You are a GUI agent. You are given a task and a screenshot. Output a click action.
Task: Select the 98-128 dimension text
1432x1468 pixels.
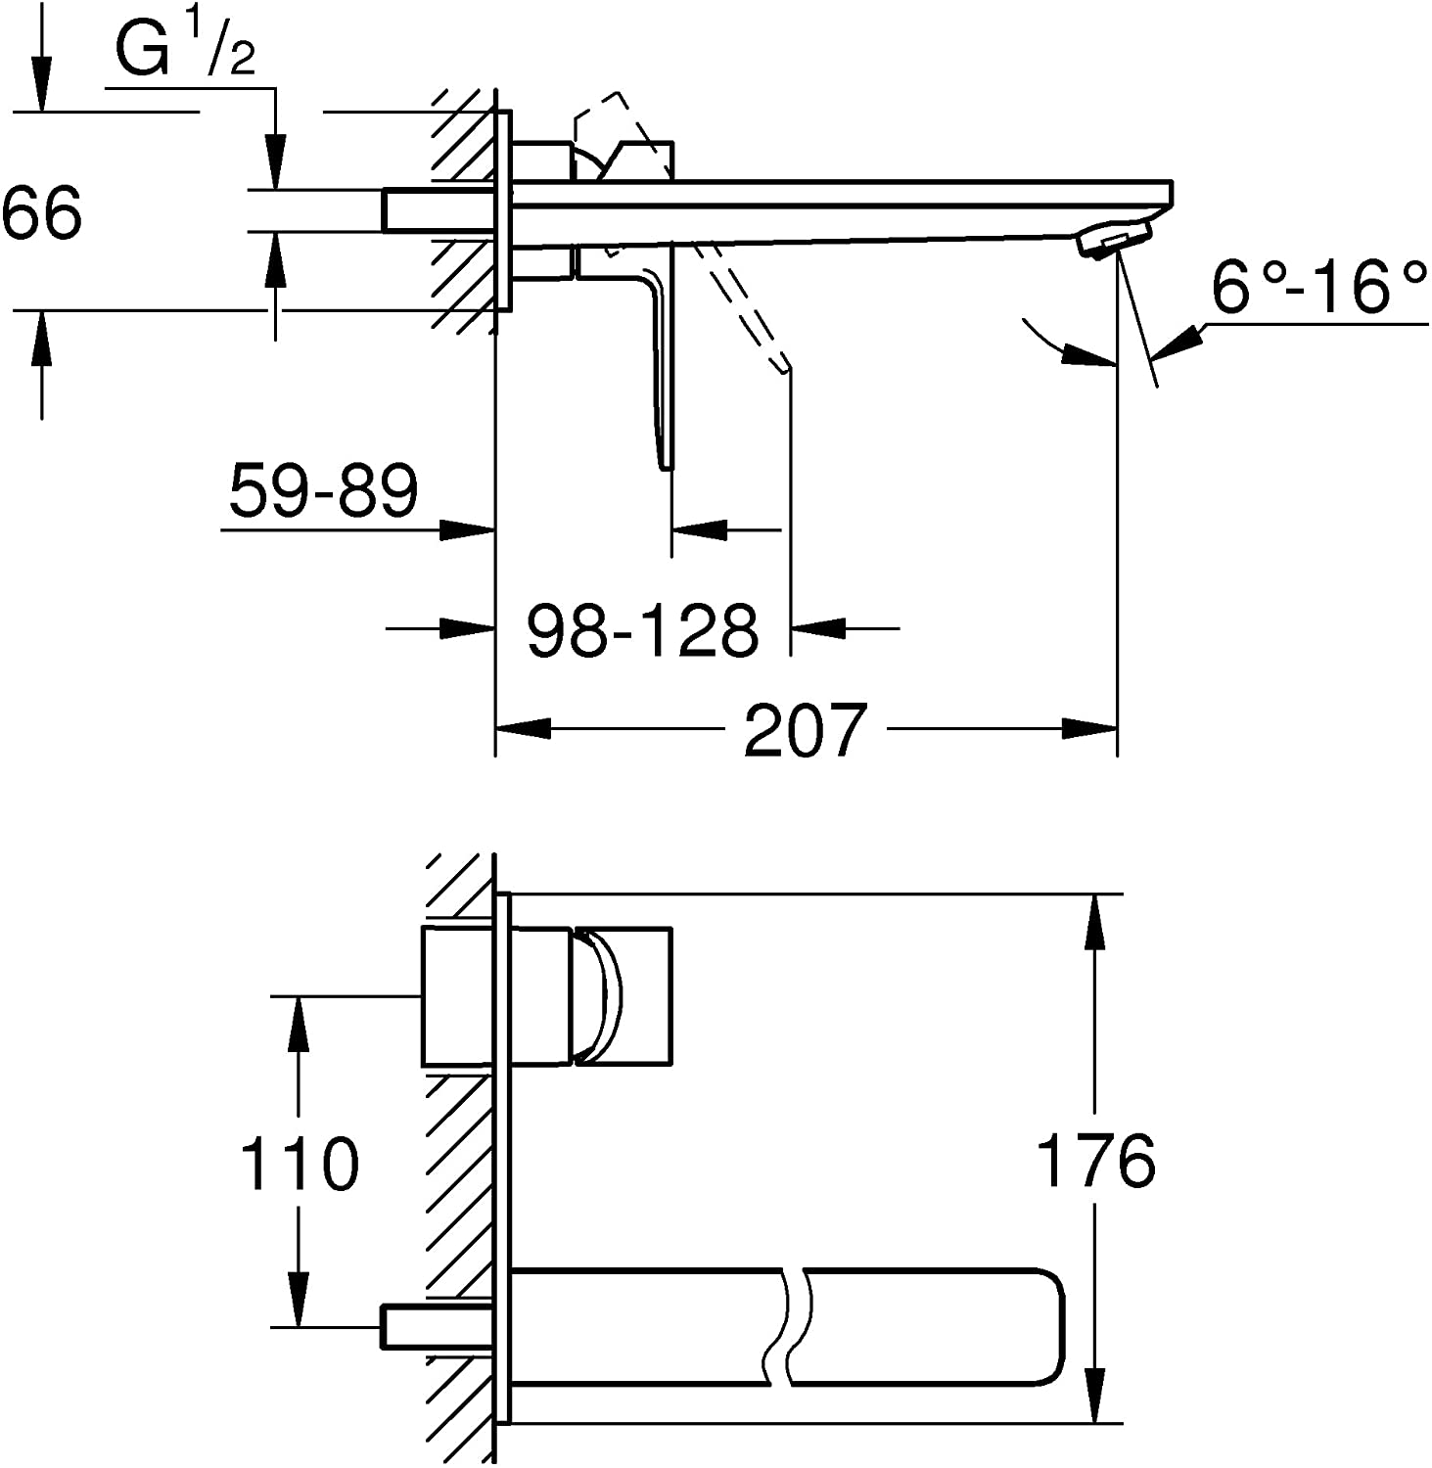[642, 630]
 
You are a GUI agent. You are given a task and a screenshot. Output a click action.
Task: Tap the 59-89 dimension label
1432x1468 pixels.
[323, 491]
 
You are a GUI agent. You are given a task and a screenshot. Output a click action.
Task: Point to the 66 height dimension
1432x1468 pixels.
[41, 213]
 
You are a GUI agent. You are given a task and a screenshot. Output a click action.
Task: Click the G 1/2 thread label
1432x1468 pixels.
[186, 51]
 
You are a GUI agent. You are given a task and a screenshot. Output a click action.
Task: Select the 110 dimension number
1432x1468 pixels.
[300, 1165]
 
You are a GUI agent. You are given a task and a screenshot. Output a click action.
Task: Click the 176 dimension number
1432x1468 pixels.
[1095, 1161]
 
